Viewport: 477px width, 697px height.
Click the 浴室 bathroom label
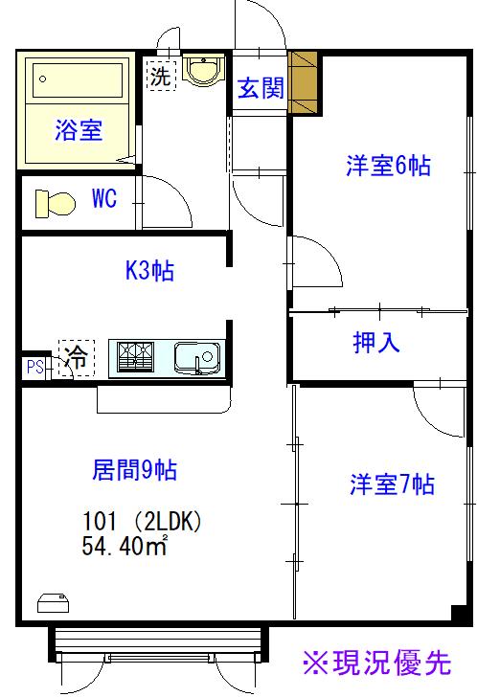coord(79,130)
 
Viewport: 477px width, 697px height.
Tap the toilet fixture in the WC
coord(56,204)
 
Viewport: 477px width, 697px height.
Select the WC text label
coord(104,198)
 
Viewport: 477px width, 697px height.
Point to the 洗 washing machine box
coord(161,75)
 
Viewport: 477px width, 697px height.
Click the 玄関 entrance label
coord(261,87)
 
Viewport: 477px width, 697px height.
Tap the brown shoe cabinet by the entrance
coord(303,82)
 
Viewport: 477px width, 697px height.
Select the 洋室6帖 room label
coord(388,166)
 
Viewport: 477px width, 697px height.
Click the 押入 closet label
coord(376,343)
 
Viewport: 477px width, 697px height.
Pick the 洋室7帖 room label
coord(392,484)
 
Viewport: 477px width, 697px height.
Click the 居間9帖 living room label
coord(134,469)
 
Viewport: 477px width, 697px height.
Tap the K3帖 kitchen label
coord(149,270)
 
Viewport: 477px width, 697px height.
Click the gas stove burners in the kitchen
coord(136,356)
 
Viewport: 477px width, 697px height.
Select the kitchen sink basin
coord(197,357)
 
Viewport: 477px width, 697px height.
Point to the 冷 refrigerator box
coord(77,357)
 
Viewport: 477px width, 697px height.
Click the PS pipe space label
coord(34,368)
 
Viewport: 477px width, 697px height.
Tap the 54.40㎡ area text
coord(125,546)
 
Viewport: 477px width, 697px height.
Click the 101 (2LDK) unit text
coord(142,521)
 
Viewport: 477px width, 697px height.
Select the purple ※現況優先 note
coord(377,663)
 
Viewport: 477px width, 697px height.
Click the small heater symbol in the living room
coord(54,603)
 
